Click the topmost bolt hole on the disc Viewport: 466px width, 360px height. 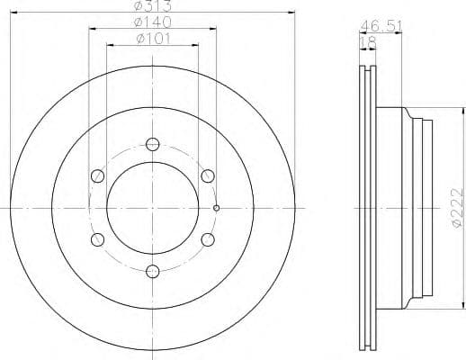pyautogui.click(x=152, y=144)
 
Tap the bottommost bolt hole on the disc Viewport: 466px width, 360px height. pyautogui.click(x=152, y=269)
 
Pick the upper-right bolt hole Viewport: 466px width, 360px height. pyautogui.click(x=207, y=175)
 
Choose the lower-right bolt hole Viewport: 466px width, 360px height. pyautogui.click(x=207, y=238)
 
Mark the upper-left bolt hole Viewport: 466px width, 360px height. pyautogui.click(x=97, y=175)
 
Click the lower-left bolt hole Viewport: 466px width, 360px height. pyautogui.click(x=97, y=238)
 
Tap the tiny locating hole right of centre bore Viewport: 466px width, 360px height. pyautogui.click(x=217, y=208)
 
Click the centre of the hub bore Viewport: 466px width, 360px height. pyautogui.click(x=152, y=207)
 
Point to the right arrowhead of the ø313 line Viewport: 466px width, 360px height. pyautogui.click(x=292, y=12)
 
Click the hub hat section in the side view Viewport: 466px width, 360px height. pyautogui.click(x=409, y=207)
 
